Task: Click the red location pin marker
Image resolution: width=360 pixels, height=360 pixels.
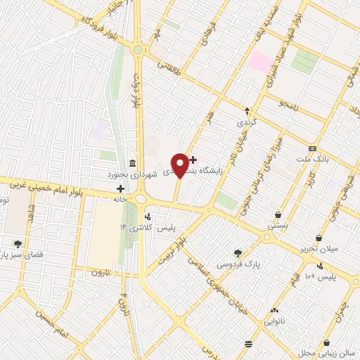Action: tap(180, 165)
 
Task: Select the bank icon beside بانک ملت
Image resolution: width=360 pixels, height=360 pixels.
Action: tap(312, 150)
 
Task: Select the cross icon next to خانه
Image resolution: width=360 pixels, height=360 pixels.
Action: tap(120, 188)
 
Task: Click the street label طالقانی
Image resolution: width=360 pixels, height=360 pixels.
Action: tap(172, 67)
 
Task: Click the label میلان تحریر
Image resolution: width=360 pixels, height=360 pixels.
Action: tap(320, 249)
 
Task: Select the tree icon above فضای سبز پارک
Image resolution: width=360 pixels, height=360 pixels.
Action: tap(18, 245)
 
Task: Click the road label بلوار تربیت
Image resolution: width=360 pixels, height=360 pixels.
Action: tap(172, 250)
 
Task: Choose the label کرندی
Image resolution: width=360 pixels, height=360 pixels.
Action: tap(247, 122)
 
